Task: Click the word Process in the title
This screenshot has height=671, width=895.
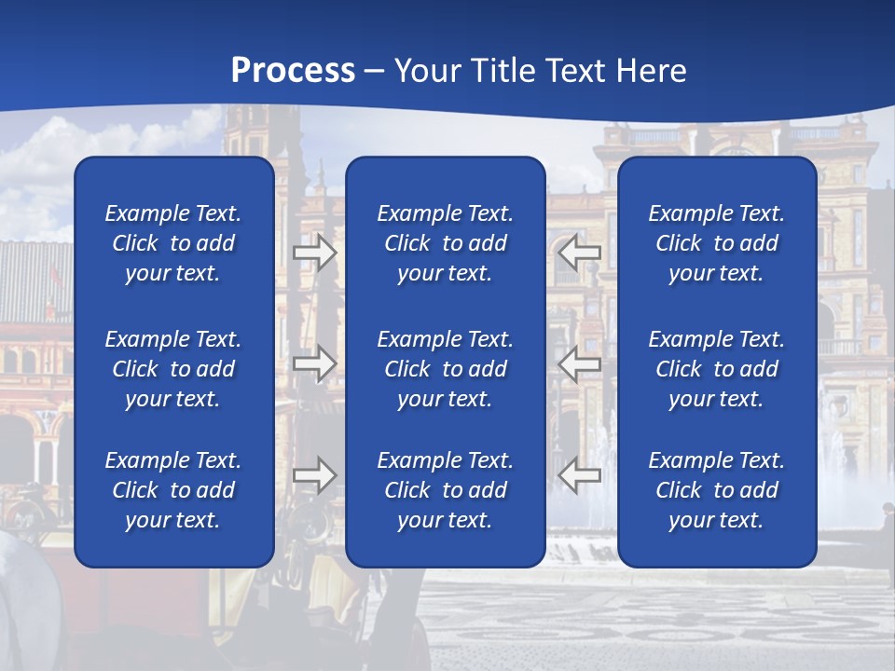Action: [293, 71]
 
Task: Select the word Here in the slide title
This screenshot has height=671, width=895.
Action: [652, 71]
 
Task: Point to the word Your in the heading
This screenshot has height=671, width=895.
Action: [428, 71]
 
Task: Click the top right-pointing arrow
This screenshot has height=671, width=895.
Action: [315, 253]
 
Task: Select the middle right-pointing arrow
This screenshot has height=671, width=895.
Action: [315, 363]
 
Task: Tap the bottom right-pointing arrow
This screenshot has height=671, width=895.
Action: [315, 475]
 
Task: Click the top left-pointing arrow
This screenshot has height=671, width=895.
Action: [579, 253]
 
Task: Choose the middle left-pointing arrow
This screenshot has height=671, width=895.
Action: [579, 363]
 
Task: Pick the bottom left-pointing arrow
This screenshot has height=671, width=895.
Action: [579, 475]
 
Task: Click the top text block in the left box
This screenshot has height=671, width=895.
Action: [173, 243]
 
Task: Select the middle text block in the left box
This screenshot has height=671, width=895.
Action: [173, 369]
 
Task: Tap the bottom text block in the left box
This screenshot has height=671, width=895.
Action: [173, 490]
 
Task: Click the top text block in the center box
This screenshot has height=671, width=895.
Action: [446, 243]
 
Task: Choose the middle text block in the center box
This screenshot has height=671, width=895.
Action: [446, 369]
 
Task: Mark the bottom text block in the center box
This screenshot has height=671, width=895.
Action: [446, 490]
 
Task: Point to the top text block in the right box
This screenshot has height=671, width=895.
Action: [717, 243]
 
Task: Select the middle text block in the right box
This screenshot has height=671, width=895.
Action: [717, 369]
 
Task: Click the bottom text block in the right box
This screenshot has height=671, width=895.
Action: [717, 490]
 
